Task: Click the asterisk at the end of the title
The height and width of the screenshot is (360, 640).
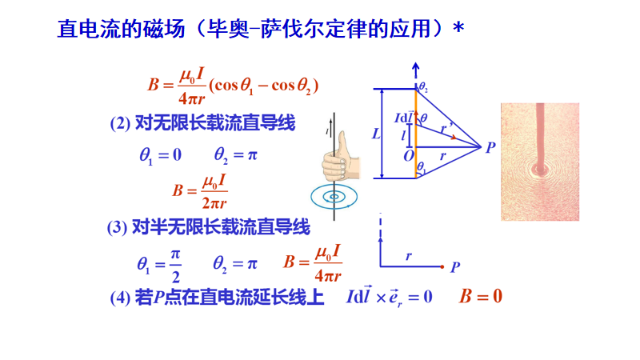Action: click(458, 28)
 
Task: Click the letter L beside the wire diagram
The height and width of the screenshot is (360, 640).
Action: click(377, 134)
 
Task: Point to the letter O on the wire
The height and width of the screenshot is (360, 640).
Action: click(409, 153)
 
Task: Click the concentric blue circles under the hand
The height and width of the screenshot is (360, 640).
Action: click(334, 195)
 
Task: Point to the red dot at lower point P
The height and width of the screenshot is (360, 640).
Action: click(442, 266)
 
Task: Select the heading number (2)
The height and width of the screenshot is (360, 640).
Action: click(119, 123)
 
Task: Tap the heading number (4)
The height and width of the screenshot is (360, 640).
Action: click(120, 298)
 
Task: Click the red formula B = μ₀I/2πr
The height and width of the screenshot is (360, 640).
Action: click(200, 190)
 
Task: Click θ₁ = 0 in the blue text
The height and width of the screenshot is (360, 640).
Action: click(160, 154)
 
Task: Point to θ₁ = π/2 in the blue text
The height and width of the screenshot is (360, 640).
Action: click(158, 262)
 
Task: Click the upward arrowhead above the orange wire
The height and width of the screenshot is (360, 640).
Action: click(415, 67)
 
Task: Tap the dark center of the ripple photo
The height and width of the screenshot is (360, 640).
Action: click(538, 169)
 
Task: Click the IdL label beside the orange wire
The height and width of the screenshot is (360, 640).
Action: click(405, 118)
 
